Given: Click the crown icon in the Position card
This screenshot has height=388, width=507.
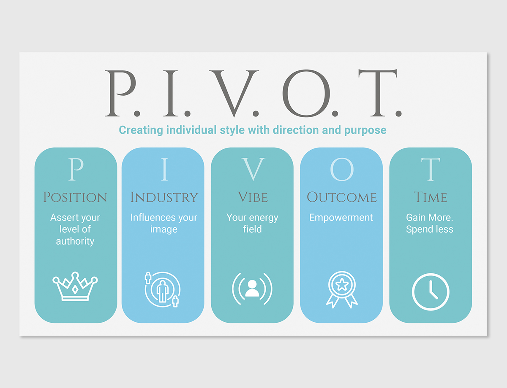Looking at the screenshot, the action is [x=75, y=286].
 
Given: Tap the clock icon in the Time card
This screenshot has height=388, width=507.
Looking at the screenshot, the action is [x=431, y=292].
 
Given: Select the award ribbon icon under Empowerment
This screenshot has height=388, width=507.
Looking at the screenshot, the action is [x=342, y=290].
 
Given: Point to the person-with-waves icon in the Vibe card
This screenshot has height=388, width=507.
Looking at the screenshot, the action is [x=252, y=289].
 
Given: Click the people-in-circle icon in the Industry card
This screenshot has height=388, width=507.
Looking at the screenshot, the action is [x=163, y=289].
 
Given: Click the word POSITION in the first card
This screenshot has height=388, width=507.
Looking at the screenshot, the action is [x=75, y=197].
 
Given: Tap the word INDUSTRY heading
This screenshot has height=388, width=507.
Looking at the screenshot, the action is [x=164, y=197].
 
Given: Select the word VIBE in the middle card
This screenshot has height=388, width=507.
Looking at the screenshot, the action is [x=253, y=197].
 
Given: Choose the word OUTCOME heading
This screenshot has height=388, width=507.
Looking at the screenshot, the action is [x=342, y=197].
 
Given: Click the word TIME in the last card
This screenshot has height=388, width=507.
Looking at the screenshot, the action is [x=431, y=197].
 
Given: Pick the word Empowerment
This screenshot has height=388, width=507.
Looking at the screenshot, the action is [x=341, y=218].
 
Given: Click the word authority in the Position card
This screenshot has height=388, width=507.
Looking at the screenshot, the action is [x=75, y=241].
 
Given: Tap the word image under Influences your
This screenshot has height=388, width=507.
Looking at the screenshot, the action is [x=164, y=229].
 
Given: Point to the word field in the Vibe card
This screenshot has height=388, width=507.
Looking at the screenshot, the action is [x=253, y=229].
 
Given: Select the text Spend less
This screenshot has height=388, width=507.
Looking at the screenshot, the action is [x=430, y=229].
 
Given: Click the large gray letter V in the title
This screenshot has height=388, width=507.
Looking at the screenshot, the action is [x=234, y=93].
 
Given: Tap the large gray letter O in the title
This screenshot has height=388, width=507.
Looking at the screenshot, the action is [x=306, y=93].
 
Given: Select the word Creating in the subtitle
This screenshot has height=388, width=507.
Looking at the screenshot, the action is [x=141, y=130].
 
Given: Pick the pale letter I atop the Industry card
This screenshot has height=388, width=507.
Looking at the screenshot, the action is [x=164, y=169].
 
